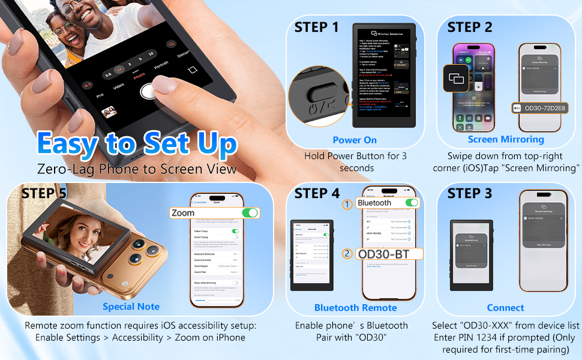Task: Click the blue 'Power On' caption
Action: [x=355, y=140]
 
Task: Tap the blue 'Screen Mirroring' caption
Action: [x=506, y=139]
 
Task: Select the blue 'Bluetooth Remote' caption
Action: [x=355, y=308]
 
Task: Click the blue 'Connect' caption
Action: [x=505, y=308]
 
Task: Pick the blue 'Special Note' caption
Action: [x=131, y=307]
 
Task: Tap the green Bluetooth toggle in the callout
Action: [x=412, y=203]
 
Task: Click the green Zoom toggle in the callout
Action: [x=250, y=213]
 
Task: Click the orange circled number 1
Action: [x=347, y=205]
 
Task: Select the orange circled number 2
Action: [x=347, y=254]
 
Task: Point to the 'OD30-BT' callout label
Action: [x=384, y=254]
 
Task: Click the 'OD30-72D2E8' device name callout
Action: [x=544, y=108]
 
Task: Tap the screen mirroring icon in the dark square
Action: [x=457, y=79]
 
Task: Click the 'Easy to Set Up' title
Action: [x=137, y=144]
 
